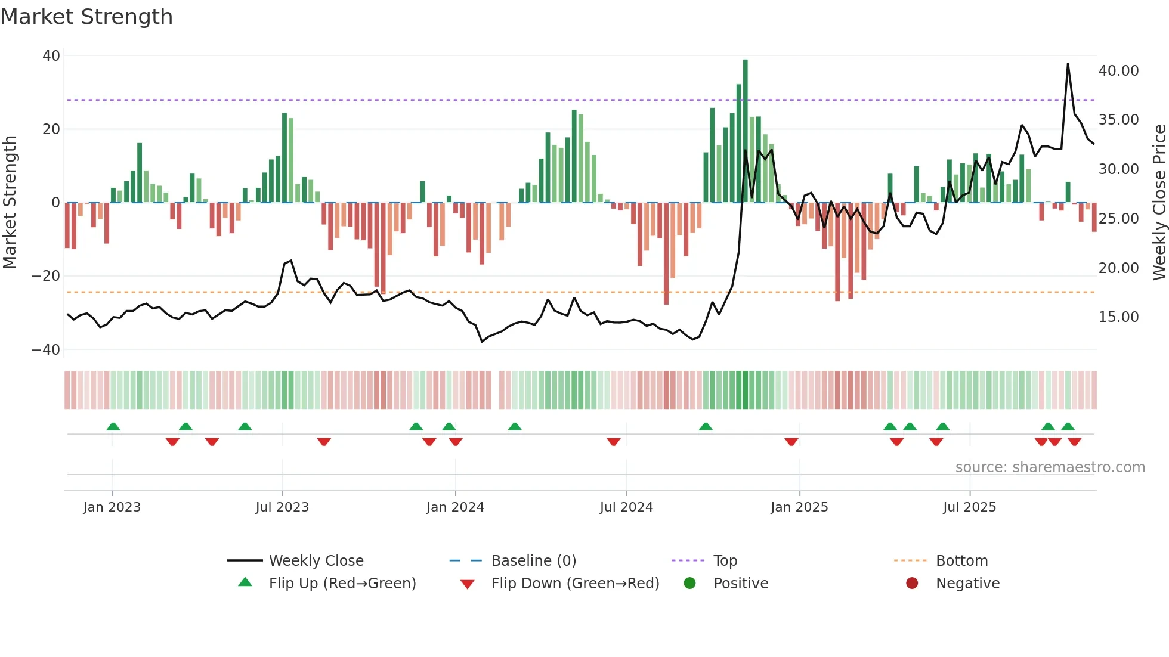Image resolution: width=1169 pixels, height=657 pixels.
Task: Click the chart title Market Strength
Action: pyautogui.click(x=86, y=17)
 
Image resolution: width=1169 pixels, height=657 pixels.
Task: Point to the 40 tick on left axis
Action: pyautogui.click(x=51, y=56)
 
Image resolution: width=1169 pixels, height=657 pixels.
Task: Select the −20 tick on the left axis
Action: pyautogui.click(x=46, y=276)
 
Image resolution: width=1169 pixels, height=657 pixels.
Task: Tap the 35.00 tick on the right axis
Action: pyautogui.click(x=1118, y=120)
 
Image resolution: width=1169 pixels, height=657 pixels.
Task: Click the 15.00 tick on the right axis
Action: pyautogui.click(x=1118, y=317)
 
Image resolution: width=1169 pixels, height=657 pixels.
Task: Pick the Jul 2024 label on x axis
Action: pyautogui.click(x=626, y=507)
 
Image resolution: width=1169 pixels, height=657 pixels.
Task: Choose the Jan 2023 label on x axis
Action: pyautogui.click(x=112, y=507)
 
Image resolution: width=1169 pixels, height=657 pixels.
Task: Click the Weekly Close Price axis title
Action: pyautogui.click(x=1159, y=203)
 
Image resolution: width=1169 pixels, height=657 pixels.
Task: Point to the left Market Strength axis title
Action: pyautogui.click(x=10, y=203)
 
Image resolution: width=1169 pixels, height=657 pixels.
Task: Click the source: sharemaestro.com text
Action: pyautogui.click(x=1050, y=467)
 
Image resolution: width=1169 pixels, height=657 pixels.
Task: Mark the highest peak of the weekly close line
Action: pyautogui.click(x=1068, y=64)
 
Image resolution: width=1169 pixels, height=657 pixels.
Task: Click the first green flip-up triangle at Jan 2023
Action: pyautogui.click(x=113, y=426)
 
